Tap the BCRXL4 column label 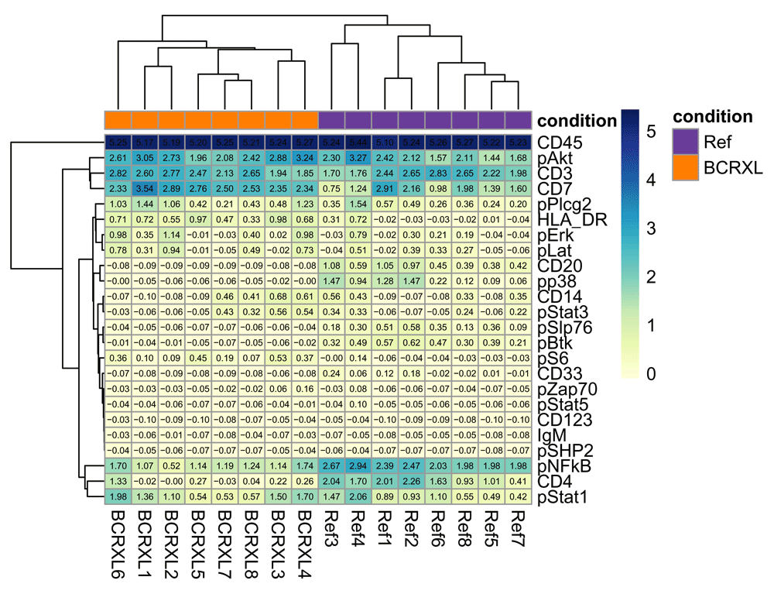pyautogui.click(x=304, y=538)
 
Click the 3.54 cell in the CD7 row pyautogui.click(x=145, y=189)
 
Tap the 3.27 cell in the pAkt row pyautogui.click(x=358, y=158)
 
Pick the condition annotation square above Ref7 pyautogui.click(x=517, y=120)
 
